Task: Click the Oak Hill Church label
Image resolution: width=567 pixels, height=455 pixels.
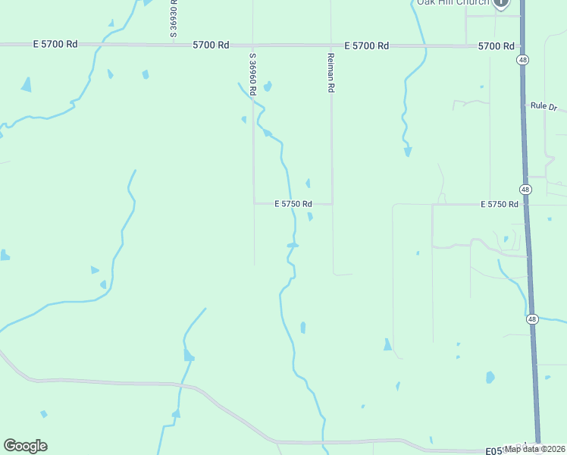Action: click(x=453, y=3)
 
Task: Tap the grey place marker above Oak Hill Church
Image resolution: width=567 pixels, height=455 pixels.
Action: click(x=501, y=4)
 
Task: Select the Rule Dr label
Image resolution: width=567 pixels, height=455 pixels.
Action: click(x=544, y=105)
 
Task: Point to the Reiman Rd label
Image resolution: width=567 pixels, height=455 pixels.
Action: click(x=331, y=73)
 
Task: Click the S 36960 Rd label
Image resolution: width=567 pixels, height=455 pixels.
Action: click(x=253, y=73)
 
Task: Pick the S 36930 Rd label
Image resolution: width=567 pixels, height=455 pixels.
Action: click(x=174, y=18)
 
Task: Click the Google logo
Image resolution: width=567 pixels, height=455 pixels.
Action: click(x=25, y=446)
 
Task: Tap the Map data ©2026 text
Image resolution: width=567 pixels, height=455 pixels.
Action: click(x=534, y=449)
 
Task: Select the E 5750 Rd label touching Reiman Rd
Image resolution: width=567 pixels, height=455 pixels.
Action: click(x=293, y=204)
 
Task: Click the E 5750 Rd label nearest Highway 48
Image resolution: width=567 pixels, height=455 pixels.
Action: click(x=500, y=205)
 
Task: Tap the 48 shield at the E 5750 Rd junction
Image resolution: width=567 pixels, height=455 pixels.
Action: click(x=525, y=188)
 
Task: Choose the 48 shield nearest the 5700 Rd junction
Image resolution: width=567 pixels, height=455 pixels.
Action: click(x=522, y=59)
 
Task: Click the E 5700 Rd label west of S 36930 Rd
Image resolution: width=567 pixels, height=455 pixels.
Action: click(x=55, y=45)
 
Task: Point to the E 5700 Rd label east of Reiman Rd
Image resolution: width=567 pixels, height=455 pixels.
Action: click(x=366, y=46)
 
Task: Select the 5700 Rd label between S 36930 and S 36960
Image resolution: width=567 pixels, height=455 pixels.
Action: click(x=211, y=45)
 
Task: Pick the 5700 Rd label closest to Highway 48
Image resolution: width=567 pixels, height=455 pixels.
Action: click(x=496, y=47)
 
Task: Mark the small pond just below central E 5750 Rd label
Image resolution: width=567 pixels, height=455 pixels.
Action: click(x=311, y=217)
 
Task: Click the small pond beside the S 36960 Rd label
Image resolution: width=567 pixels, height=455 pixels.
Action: click(x=267, y=86)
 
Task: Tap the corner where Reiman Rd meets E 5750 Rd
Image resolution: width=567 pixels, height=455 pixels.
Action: click(x=332, y=203)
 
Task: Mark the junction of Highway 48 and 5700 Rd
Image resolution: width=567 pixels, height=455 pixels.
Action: click(x=522, y=47)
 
